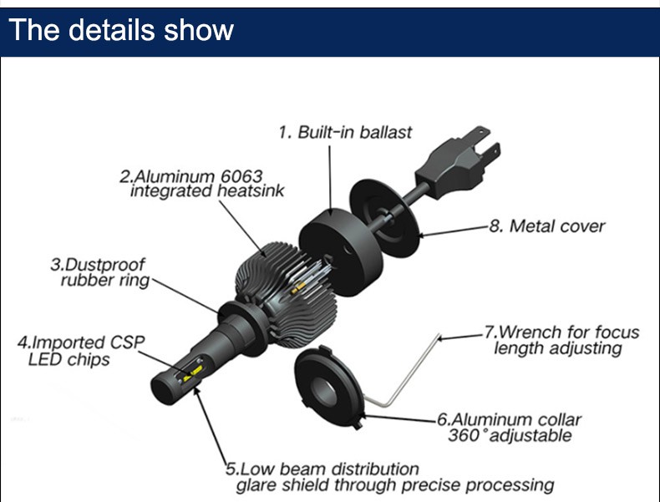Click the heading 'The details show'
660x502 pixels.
coord(121,30)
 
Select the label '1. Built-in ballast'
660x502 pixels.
coord(345,132)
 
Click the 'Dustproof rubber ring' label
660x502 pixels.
coord(103,272)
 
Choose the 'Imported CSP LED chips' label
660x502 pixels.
coord(80,351)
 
